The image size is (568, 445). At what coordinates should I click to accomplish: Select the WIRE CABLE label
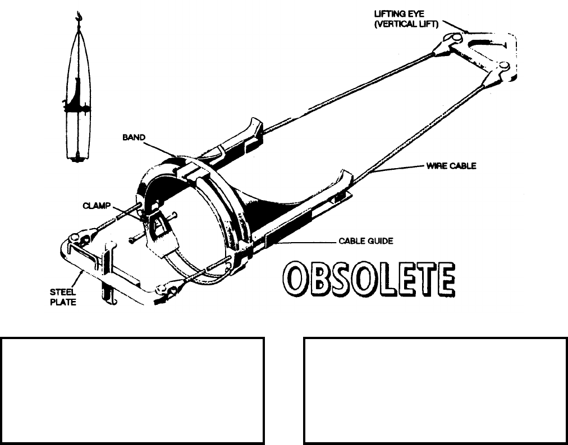point(451,166)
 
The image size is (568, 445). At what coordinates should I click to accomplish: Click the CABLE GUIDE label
point(365,242)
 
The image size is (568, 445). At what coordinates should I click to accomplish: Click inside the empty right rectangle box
point(435,390)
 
